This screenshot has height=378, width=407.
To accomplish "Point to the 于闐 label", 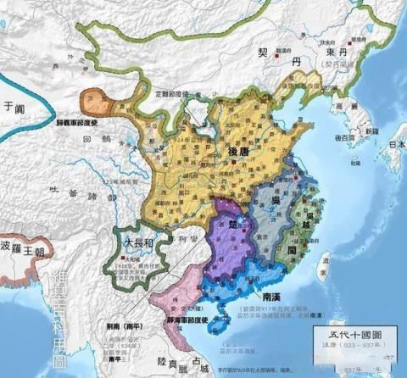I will [11, 108].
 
